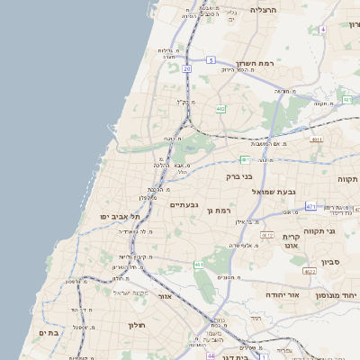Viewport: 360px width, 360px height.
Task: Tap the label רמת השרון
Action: (254, 64)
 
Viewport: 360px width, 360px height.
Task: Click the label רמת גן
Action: (220, 210)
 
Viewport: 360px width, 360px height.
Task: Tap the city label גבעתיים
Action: (183, 205)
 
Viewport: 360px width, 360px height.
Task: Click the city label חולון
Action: (136, 325)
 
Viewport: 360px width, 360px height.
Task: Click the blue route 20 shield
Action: (186, 68)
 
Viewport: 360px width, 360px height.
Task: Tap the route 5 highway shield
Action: (211, 60)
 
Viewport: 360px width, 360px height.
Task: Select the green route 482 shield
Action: (221, 109)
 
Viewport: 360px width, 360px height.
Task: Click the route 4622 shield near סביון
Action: (310, 271)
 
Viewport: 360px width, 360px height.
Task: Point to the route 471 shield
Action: (310, 207)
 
